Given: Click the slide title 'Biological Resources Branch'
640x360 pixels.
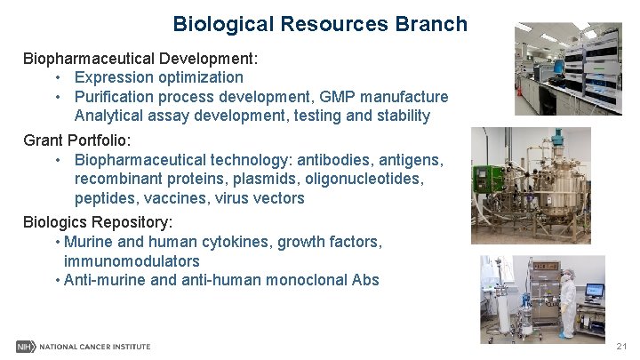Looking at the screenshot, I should (x=320, y=24).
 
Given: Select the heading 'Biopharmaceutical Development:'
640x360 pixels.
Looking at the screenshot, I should (x=140, y=59).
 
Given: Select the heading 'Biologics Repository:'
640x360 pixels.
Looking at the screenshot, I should (x=98, y=221).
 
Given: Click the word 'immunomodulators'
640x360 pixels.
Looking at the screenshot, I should (x=132, y=261).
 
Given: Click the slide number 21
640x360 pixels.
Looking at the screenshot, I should (x=621, y=347).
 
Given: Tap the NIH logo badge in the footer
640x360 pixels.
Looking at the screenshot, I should (x=25, y=347).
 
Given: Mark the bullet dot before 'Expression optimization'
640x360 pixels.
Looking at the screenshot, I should (x=57, y=78).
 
